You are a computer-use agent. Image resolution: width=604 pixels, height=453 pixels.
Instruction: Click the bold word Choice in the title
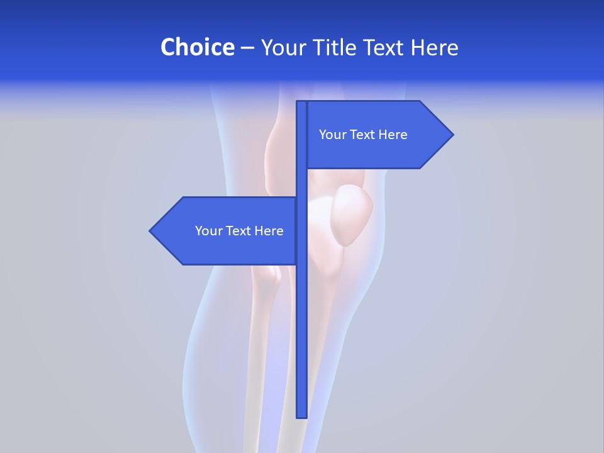pos(197,47)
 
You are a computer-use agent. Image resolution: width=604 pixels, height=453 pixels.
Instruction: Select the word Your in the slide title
pos(283,47)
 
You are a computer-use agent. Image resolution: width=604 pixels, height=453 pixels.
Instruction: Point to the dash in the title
pos(247,48)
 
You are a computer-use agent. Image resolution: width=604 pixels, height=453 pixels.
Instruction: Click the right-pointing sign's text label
pos(363,135)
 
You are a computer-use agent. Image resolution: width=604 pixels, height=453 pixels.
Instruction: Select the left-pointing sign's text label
pos(239,231)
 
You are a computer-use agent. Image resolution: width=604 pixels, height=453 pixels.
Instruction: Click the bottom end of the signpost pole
pos(301,415)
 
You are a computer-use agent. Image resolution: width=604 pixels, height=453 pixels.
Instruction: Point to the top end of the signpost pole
pos(301,103)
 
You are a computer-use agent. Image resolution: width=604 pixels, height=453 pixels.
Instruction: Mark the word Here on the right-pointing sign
pos(393,135)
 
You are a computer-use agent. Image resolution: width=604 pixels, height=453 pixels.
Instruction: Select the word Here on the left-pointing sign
pos(269,231)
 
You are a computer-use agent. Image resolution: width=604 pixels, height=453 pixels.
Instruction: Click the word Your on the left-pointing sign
pos(208,231)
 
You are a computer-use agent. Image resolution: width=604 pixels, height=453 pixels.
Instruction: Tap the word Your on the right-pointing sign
pos(332,135)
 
